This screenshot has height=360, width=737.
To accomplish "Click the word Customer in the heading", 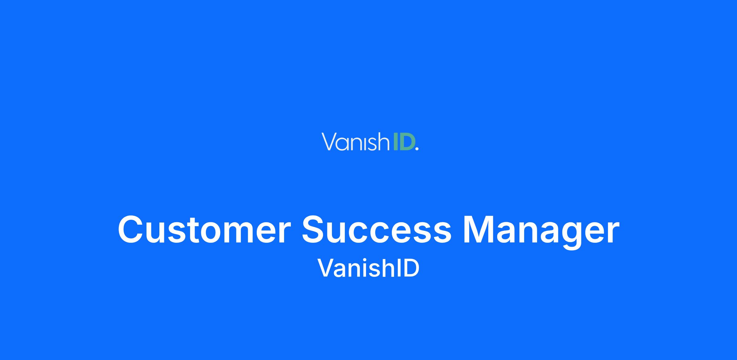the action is tap(204, 230).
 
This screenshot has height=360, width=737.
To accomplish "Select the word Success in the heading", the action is tap(376, 230).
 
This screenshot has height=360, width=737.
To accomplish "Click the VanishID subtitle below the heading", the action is tap(368, 268).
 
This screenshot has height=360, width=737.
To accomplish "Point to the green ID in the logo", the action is tap(403, 142).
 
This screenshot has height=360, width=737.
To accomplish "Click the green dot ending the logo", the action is tap(416, 149).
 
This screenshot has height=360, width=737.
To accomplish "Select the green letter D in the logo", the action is tap(406, 142).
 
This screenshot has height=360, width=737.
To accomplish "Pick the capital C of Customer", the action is tap(132, 230).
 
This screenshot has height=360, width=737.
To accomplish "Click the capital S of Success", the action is tap(315, 230).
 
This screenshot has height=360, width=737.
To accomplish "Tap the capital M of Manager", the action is tap(479, 230).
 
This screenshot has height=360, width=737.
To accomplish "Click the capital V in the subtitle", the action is tap(326, 268).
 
